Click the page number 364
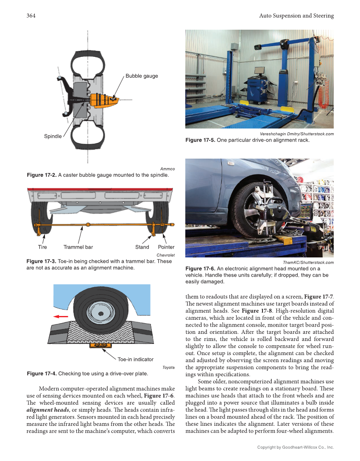pos(31,16)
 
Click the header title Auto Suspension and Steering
pos(296,16)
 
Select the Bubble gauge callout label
pos(142,76)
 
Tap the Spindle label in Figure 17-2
pos(53,136)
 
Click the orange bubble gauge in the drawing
pos(104,100)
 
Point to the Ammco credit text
pos(167,169)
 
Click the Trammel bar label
pos(78,247)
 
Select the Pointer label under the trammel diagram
pos(166,247)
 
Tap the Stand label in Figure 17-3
pos(142,247)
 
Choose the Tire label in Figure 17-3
pos(42,247)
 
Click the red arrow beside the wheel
pos(61,316)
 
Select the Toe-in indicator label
pos(135,359)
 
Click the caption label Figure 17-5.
pos(200,140)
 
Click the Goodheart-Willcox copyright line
pos(296,447)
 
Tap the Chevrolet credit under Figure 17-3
pos(165,255)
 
